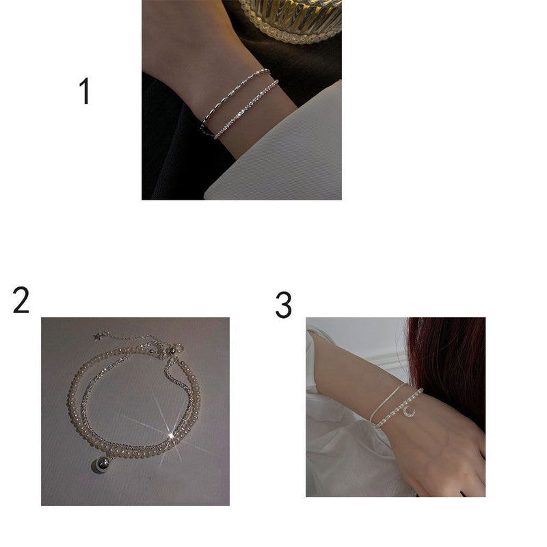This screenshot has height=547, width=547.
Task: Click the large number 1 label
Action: click(x=85, y=91)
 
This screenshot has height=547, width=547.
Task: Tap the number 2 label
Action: click(x=21, y=300)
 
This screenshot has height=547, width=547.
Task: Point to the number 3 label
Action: click(x=283, y=305)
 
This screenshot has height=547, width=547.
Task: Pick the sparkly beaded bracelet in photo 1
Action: click(x=246, y=109)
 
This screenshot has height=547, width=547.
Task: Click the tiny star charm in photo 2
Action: click(x=97, y=336)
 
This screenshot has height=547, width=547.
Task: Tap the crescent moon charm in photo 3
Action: click(x=410, y=412)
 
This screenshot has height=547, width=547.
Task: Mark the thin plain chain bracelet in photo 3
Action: click(x=386, y=402)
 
